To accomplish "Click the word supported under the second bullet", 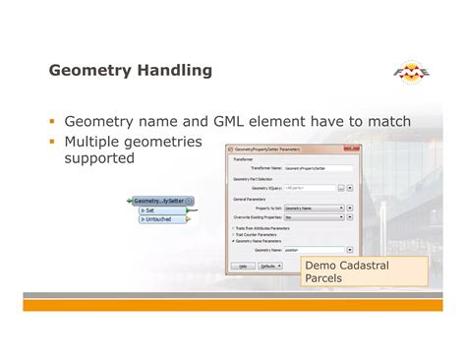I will pyautogui.click(x=99, y=158).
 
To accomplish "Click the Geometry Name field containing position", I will pyautogui.click(x=313, y=250).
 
